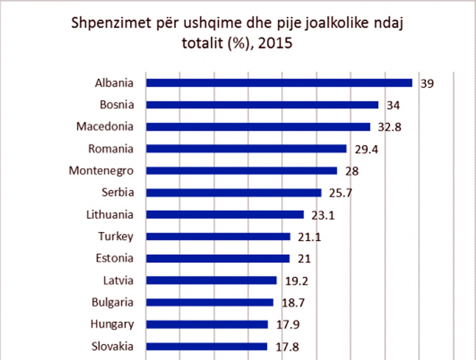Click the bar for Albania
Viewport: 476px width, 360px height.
coord(278,83)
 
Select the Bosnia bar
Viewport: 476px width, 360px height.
coord(262,104)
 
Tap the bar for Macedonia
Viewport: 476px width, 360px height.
coord(258,127)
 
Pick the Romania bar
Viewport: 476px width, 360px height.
coord(246,148)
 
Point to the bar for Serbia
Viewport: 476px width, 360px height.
coord(233,192)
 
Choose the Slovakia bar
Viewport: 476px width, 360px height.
coord(206,346)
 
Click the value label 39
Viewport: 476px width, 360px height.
coord(427,83)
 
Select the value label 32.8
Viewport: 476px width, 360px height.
coord(388,127)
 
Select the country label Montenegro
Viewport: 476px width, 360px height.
coord(101,171)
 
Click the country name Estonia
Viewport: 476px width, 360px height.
coord(116,258)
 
